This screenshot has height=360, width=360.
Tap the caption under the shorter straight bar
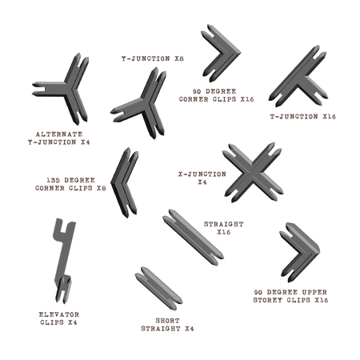click(168, 324)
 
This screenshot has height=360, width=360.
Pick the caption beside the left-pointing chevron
click(77, 185)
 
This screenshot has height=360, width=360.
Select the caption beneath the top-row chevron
click(216, 95)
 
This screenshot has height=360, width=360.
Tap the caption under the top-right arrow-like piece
click(304, 117)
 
